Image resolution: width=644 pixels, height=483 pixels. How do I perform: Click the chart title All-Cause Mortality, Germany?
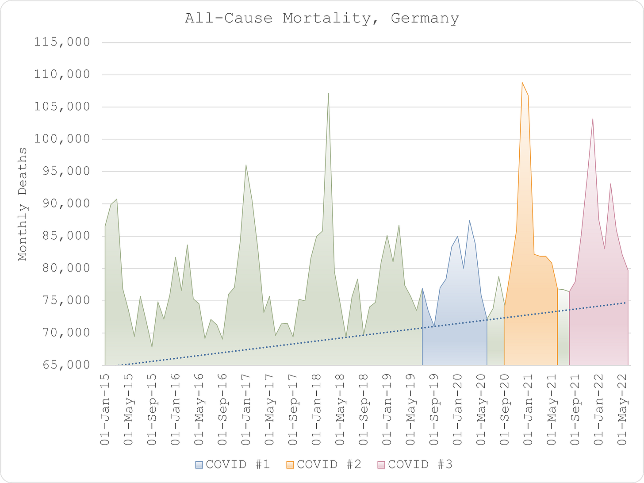[322, 19]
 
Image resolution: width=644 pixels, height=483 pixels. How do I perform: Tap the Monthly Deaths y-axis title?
[23, 204]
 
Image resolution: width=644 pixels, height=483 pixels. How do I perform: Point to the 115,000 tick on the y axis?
[62, 42]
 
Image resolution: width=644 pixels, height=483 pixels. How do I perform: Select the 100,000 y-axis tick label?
[62, 139]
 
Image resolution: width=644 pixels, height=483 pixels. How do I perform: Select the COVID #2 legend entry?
[324, 464]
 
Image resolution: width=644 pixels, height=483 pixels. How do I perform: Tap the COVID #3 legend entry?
[415, 464]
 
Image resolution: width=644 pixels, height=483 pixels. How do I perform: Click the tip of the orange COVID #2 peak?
[522, 82]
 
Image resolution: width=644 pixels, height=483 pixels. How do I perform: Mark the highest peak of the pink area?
[593, 119]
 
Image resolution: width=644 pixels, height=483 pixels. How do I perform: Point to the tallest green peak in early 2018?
[328, 93]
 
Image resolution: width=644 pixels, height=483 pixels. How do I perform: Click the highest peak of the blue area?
[469, 220]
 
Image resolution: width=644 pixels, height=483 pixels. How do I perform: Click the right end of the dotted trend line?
[626, 303]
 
